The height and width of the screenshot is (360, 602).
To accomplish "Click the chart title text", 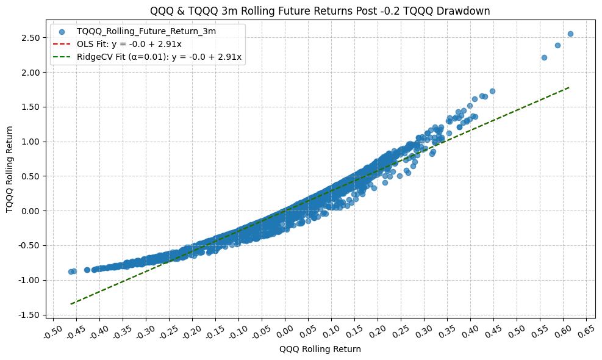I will point(320,10).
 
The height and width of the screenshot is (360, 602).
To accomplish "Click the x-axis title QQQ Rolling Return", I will point(320,350).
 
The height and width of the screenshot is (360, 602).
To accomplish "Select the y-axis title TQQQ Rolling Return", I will point(10,170).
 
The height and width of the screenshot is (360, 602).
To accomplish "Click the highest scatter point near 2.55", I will point(570,34).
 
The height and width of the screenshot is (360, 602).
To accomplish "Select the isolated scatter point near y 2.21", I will point(544,57).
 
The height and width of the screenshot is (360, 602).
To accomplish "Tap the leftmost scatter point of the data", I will point(71,272).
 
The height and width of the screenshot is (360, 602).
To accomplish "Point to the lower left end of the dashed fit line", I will point(71,304).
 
